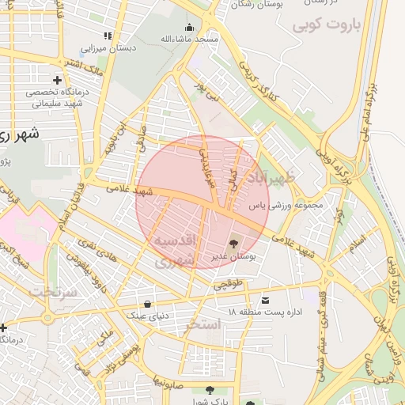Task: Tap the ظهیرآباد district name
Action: pos(272,176)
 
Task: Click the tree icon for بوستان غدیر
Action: pos(233,244)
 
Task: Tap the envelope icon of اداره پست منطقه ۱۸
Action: pos(264,300)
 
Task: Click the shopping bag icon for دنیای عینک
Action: pos(148,304)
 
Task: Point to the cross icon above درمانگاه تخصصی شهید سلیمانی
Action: pos(57,80)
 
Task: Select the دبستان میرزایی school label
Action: pos(110,47)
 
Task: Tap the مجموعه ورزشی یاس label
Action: pos(287,206)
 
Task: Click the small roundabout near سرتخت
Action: pos(48,318)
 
